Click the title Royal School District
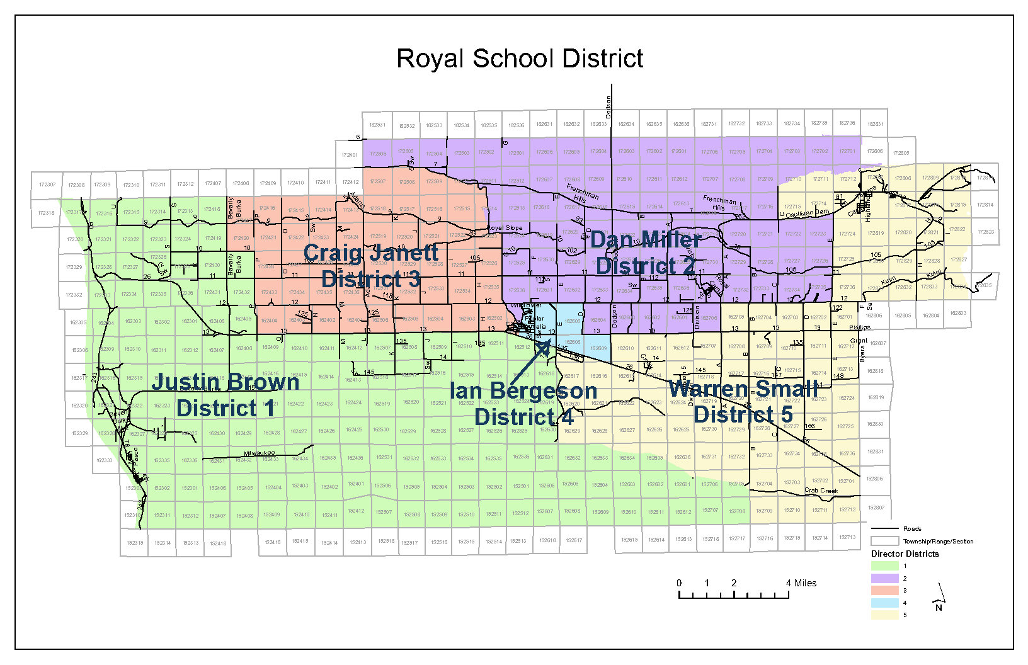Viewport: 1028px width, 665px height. click(x=520, y=59)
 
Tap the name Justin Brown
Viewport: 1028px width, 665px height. click(x=225, y=382)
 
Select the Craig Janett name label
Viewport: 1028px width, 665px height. click(x=370, y=253)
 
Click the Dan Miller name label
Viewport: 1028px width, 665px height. click(x=645, y=240)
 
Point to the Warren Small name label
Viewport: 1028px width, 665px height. click(x=743, y=389)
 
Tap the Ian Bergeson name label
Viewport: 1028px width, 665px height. click(x=523, y=390)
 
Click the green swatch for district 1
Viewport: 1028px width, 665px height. click(x=884, y=566)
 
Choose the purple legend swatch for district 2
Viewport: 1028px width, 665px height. click(x=884, y=578)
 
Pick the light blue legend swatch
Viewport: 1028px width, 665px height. click(x=884, y=603)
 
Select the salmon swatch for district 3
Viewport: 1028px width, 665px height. click(x=884, y=590)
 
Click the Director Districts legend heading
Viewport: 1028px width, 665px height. click(x=905, y=554)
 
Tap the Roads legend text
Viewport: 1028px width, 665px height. click(x=911, y=529)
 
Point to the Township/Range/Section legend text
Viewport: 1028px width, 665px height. click(x=937, y=541)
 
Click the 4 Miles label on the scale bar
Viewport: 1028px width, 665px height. click(x=801, y=583)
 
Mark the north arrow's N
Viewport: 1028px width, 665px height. click(x=939, y=608)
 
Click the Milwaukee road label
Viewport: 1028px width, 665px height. click(x=260, y=453)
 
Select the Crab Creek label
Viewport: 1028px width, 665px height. click(x=821, y=491)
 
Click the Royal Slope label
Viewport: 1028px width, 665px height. click(x=505, y=228)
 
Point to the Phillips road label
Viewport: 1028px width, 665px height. click(x=860, y=327)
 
